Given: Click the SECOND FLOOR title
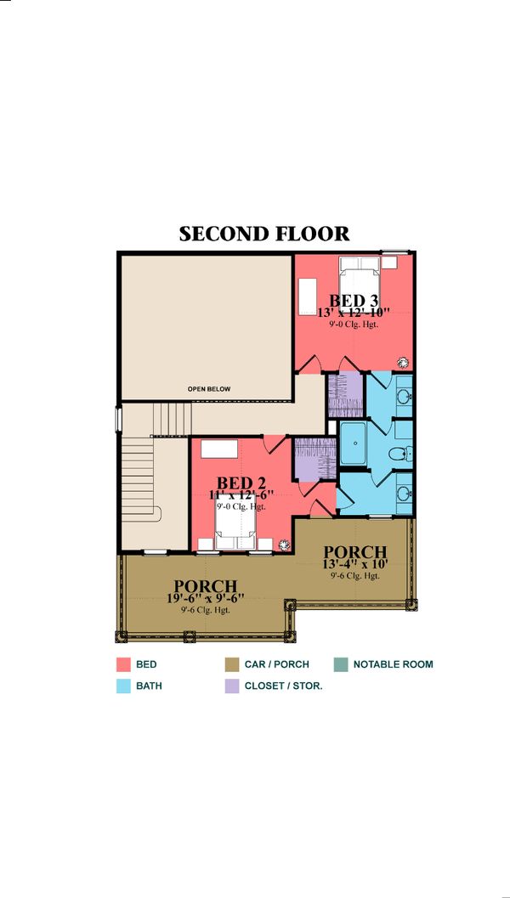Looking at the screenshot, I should point(263,234).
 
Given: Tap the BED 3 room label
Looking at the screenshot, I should point(353,300).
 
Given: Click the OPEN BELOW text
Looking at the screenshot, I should point(209,389).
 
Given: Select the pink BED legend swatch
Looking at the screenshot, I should point(122,664).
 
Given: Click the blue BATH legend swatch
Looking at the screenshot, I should point(122,686).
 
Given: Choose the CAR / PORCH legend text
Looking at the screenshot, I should point(277,664).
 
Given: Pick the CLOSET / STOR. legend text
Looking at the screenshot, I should point(283,686).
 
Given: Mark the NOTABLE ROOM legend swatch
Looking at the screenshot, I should point(340,664).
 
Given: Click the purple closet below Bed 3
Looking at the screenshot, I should point(345,393).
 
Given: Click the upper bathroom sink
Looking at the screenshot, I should point(404,395).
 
